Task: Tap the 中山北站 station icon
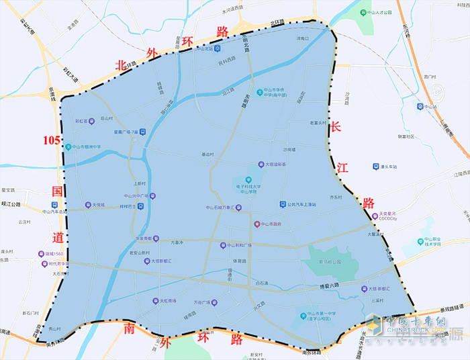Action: click(191, 48)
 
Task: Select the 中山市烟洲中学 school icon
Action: click(68, 146)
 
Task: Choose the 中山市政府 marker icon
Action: click(256, 224)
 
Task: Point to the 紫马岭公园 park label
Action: click(328, 262)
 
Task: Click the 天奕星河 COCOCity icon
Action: click(375, 216)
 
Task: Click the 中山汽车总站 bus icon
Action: click(46, 206)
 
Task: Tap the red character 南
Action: click(129, 328)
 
